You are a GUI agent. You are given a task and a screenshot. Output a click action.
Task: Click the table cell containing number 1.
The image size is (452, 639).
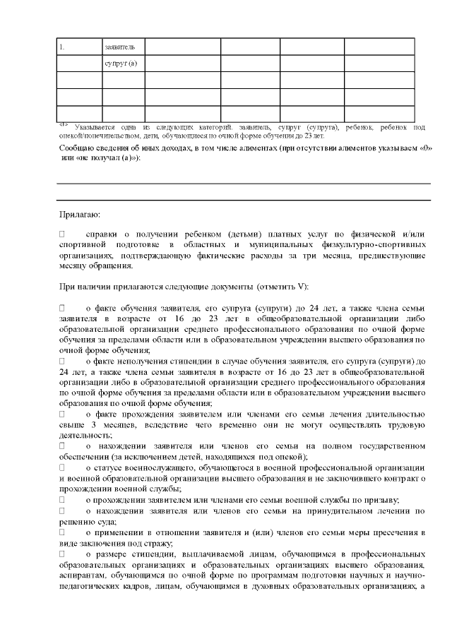pyautogui.click(x=79, y=47)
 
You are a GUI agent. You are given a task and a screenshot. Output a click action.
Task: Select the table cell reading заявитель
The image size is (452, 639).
pyautogui.click(x=114, y=47)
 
